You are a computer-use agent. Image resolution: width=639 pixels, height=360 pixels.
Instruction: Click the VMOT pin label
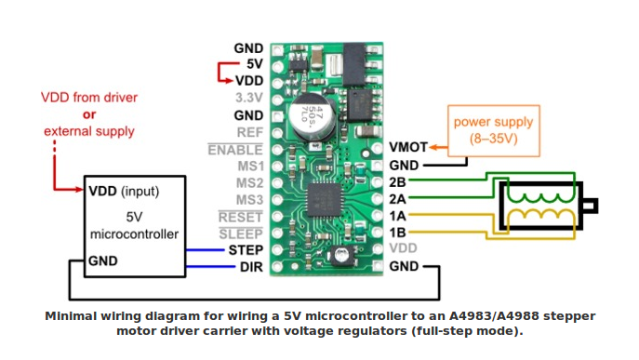click(x=408, y=147)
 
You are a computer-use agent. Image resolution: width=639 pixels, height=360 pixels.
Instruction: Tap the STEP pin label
click(x=246, y=250)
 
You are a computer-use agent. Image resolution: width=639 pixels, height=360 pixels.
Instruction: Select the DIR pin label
click(x=251, y=267)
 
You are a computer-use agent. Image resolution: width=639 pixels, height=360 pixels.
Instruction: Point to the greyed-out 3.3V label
click(x=249, y=98)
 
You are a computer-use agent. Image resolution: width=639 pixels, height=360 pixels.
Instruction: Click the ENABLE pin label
click(x=235, y=150)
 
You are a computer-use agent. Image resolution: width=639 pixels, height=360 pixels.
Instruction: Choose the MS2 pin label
click(x=250, y=183)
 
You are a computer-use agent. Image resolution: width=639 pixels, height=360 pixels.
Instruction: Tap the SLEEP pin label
click(x=241, y=233)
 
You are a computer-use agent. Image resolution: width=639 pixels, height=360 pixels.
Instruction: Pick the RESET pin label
click(x=241, y=217)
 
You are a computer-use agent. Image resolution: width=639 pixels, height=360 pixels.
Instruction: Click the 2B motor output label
click(x=397, y=181)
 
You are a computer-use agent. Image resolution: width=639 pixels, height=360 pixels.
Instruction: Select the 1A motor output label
click(x=397, y=216)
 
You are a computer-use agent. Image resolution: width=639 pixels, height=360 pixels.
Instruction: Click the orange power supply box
click(x=494, y=131)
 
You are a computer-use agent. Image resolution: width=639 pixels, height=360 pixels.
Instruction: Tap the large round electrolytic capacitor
click(x=313, y=117)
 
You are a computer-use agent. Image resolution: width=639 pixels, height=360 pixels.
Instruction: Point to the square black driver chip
click(x=324, y=199)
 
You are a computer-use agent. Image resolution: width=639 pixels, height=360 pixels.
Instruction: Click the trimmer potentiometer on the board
click(x=340, y=256)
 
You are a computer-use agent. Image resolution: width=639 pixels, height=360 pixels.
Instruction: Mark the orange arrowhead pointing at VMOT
click(x=433, y=147)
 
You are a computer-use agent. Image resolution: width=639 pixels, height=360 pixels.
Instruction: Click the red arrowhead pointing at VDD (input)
click(x=80, y=189)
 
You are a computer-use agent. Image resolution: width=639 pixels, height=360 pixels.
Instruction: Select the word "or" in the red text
click(x=89, y=114)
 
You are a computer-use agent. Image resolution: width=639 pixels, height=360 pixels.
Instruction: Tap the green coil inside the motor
click(x=540, y=197)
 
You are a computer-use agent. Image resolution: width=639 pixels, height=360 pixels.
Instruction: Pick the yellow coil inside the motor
click(x=540, y=215)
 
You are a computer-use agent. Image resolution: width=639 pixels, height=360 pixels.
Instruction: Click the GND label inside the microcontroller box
click(x=102, y=260)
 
